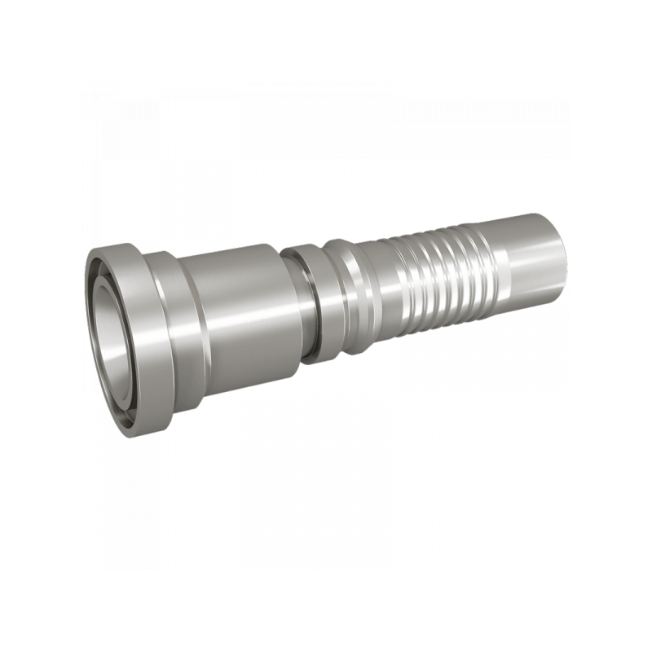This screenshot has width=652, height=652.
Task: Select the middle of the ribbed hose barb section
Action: (x=440, y=273)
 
